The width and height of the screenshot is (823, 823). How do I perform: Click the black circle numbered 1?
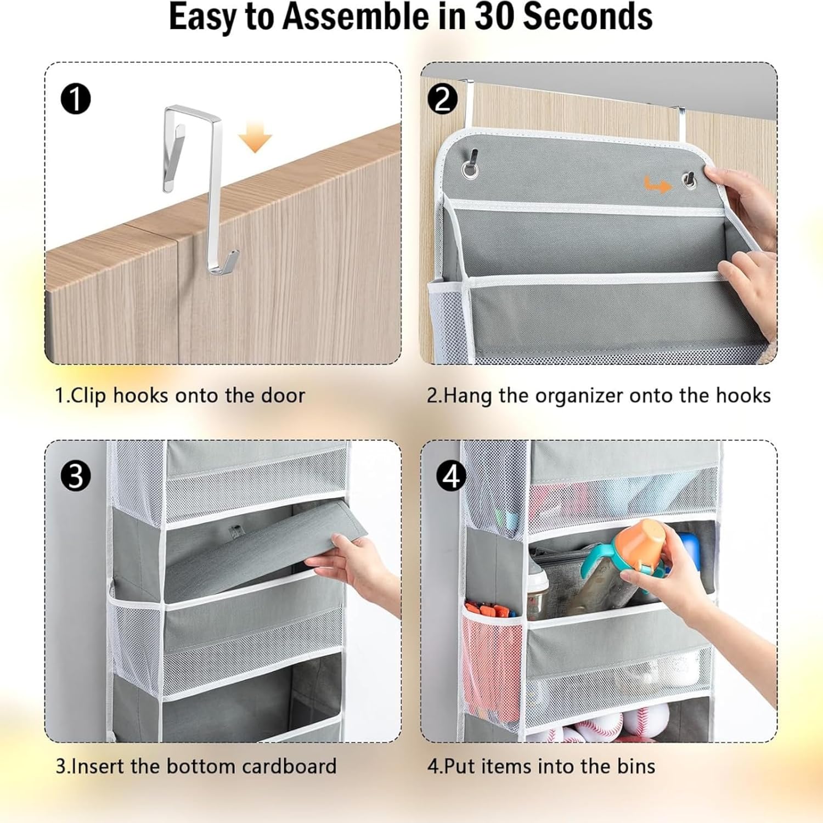[75, 99]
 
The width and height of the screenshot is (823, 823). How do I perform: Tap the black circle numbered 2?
[442, 99]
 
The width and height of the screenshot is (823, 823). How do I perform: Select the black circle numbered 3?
[75, 476]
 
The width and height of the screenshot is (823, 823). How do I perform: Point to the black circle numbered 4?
[451, 476]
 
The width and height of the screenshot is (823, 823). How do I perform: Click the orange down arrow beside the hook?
[255, 137]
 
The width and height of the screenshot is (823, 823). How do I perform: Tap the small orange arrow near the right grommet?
[657, 185]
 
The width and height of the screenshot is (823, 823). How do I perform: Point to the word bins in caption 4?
[636, 766]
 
